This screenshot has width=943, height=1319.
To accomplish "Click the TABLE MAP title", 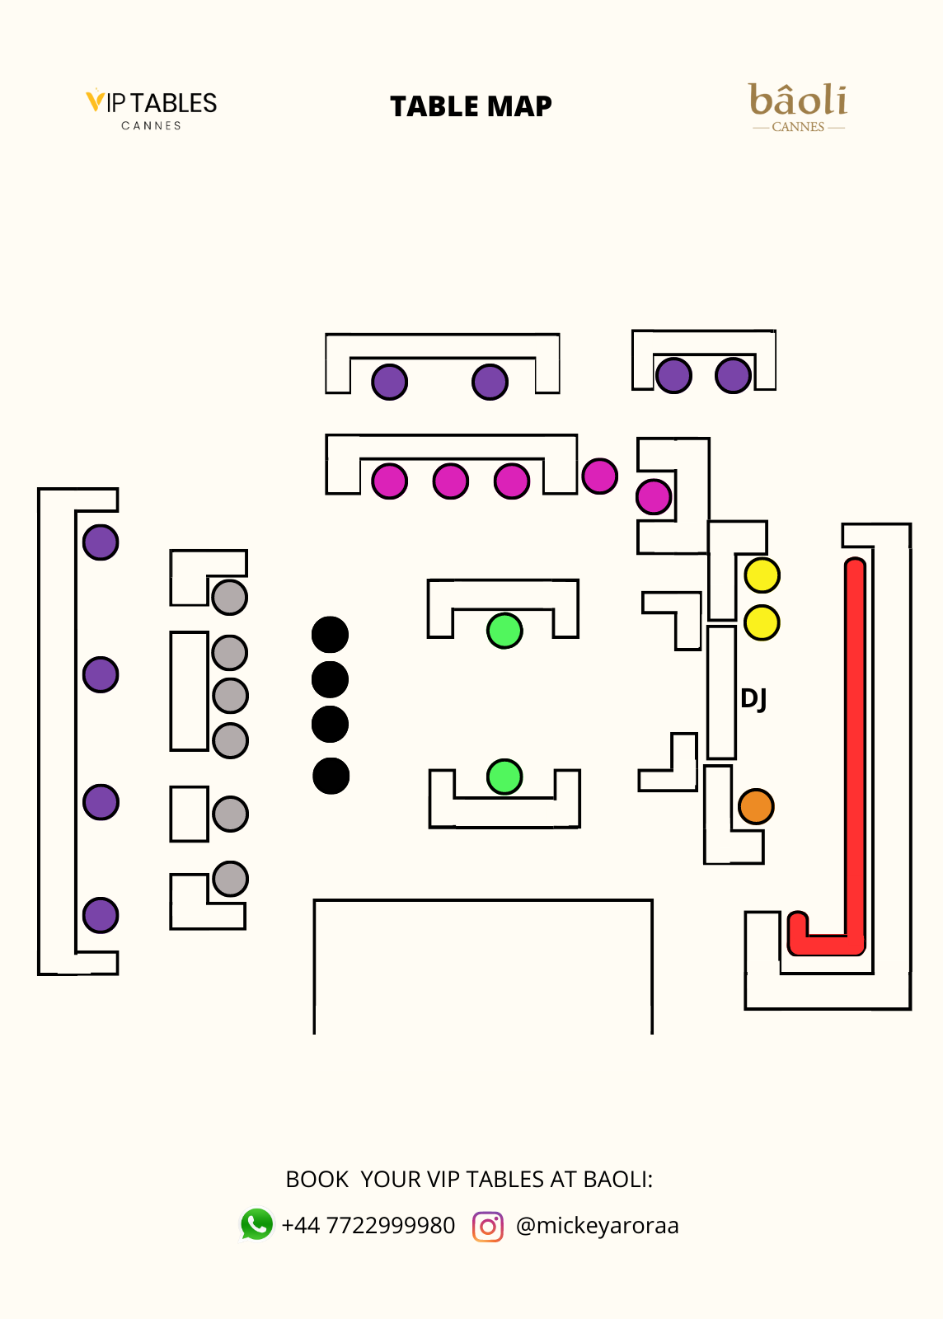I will click(x=471, y=106).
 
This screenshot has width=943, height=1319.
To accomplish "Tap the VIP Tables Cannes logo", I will click(x=152, y=109).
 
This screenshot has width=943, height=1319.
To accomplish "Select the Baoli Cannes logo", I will click(x=798, y=107).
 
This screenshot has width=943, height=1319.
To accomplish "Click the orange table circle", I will click(x=756, y=806).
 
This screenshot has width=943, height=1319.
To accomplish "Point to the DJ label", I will click(x=753, y=699).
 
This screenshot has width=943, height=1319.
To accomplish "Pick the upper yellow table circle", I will click(x=762, y=575).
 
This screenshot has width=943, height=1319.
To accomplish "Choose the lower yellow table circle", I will click(x=762, y=622).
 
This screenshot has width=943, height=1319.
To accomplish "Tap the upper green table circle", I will click(x=504, y=631).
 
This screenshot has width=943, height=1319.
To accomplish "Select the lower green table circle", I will click(x=504, y=776).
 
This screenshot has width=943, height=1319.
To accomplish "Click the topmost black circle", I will click(x=330, y=635).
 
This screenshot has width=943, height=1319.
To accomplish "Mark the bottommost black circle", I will click(x=331, y=776).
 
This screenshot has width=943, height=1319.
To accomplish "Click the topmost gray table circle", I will click(x=229, y=597).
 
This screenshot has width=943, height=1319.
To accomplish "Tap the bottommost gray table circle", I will click(x=230, y=879).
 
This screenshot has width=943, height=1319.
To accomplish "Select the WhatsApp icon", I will click(x=256, y=1224).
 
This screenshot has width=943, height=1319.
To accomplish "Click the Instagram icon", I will click(x=488, y=1226).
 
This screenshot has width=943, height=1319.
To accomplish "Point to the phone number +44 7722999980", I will click(x=368, y=1226).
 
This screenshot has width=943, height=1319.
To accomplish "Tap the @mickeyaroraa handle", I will click(x=597, y=1226).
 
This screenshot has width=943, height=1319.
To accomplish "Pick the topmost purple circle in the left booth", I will click(x=101, y=542).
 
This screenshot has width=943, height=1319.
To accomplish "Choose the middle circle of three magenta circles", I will click(x=450, y=481).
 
